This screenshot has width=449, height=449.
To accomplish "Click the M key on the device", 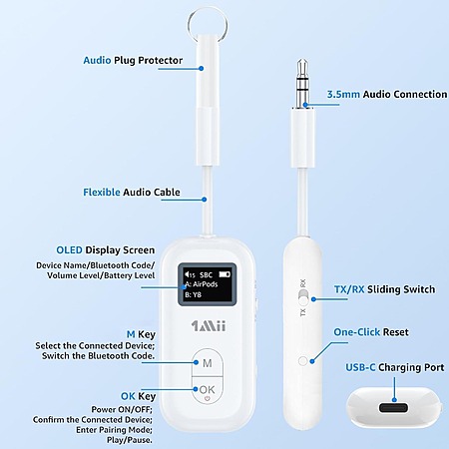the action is [x=208, y=362].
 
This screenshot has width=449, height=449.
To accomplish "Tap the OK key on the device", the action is [x=208, y=390].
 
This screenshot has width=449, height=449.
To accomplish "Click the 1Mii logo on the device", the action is [x=209, y=325].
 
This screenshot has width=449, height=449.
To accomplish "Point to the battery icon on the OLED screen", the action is [x=224, y=274].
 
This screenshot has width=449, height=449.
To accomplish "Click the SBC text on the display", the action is [x=206, y=275].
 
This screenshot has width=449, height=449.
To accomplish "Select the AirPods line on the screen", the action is [x=202, y=284].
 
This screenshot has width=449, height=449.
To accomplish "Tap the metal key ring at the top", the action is [x=208, y=24].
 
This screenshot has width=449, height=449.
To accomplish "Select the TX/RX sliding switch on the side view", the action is [x=303, y=297].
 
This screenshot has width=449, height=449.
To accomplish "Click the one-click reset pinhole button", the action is [x=303, y=361].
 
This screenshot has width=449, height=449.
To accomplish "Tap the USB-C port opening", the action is [x=393, y=408].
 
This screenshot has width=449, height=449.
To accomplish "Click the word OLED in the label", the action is [x=69, y=250].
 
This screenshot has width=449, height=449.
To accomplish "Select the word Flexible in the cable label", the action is [x=102, y=193].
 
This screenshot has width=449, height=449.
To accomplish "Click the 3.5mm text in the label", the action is [x=343, y=95].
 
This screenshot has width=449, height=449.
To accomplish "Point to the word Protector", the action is [x=161, y=61].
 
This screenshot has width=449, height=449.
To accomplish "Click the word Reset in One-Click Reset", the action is [x=396, y=332].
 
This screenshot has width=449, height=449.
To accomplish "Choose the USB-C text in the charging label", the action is [x=360, y=367].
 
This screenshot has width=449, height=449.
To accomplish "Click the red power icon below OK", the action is [x=208, y=398].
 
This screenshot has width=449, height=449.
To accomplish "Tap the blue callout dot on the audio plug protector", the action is [x=201, y=68].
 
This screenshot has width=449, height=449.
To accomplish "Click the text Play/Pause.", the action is [x=130, y=440].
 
